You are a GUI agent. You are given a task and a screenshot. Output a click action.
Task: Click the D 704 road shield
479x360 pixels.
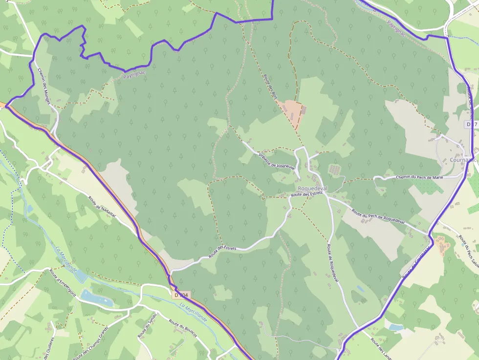(181, 295)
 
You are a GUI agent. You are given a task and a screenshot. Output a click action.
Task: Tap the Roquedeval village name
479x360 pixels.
(312, 189)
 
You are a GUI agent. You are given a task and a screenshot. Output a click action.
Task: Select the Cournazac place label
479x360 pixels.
(462, 160)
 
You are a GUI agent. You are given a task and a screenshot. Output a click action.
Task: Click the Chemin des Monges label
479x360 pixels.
(47, 84)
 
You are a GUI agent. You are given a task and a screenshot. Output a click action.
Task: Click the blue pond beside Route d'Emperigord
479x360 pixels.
(96, 296)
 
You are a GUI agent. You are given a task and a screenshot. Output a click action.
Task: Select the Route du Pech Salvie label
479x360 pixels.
(468, 251)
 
